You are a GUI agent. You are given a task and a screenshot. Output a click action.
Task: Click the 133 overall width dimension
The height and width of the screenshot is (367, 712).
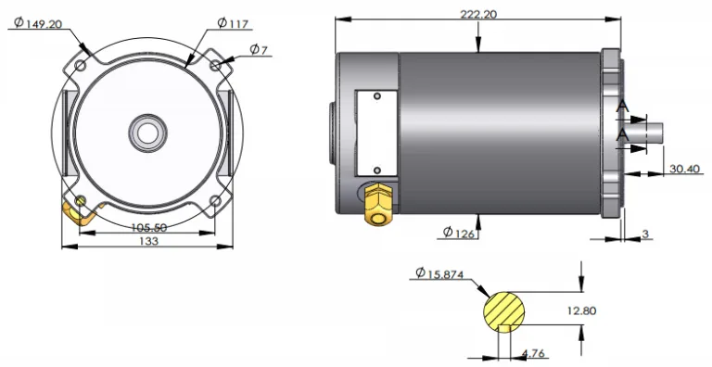tap(147, 241)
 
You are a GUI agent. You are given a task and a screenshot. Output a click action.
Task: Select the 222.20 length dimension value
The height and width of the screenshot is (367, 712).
tap(477, 13)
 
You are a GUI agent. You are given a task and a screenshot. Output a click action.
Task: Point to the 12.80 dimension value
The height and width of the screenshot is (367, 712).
tap(579, 310)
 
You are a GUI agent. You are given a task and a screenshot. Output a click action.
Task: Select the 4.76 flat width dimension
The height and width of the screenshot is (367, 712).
tap(534, 353)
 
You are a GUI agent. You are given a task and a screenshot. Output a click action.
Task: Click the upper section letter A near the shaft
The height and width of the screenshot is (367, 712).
tap(622, 109)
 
